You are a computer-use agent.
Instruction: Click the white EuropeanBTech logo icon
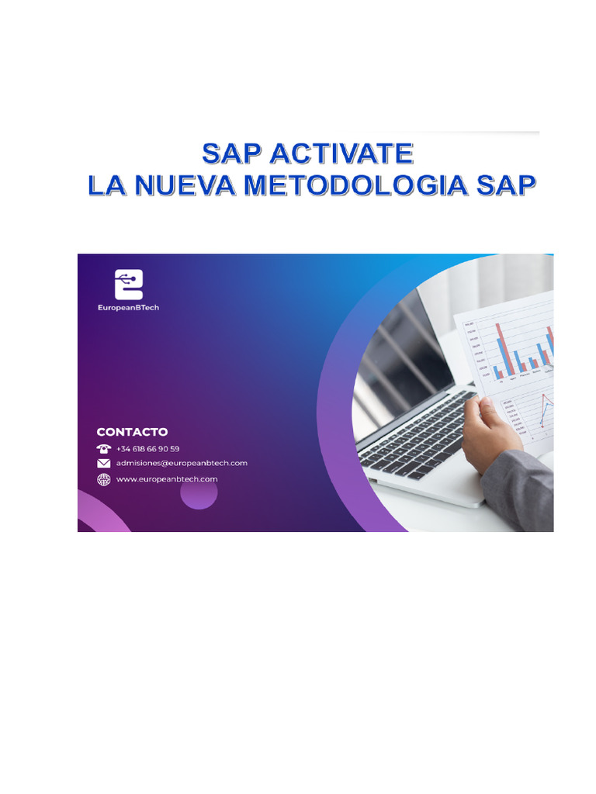tap(128, 285)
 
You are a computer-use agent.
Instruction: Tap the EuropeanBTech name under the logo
tap(128, 307)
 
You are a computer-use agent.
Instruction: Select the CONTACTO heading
tap(132, 432)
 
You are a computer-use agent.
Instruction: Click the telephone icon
tap(103, 448)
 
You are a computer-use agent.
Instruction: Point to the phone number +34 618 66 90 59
tap(148, 449)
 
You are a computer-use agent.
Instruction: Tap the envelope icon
tap(103, 464)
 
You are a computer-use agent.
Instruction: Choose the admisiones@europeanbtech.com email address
tap(182, 464)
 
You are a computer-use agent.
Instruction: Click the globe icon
tap(103, 479)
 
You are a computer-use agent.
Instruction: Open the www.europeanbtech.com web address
tap(167, 479)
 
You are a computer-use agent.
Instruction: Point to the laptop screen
tap(404, 341)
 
